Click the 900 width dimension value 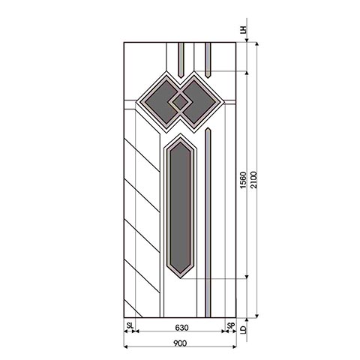(x=180, y=343)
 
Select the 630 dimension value (x=180, y=328)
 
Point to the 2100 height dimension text (x=255, y=180)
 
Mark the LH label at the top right (x=243, y=31)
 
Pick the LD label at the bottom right (x=243, y=328)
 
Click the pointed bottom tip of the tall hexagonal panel (x=181, y=274)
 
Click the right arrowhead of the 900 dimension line (x=235, y=347)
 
